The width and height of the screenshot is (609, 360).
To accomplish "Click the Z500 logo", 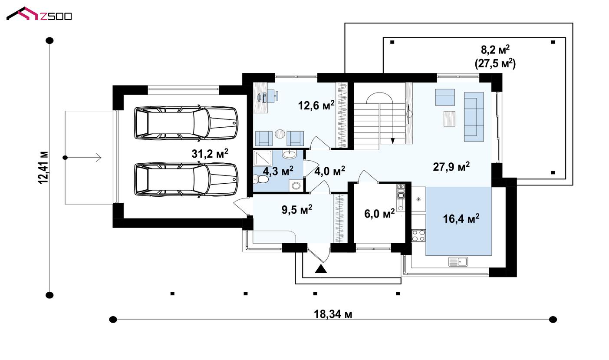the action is click(x=39, y=14).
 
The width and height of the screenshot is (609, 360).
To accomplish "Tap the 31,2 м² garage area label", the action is click(x=210, y=154).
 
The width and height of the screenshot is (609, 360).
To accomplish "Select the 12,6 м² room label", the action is click(x=316, y=105).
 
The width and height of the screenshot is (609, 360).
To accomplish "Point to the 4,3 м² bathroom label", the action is click(x=278, y=171).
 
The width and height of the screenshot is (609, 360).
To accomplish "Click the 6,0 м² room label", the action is click(x=379, y=214).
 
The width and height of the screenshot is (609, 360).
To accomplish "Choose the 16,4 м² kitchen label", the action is click(x=461, y=218).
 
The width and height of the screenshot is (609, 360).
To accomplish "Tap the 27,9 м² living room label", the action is click(x=451, y=167).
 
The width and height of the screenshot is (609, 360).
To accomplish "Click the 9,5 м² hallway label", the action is click(x=297, y=210).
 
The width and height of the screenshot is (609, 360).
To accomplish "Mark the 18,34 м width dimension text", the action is click(x=333, y=314).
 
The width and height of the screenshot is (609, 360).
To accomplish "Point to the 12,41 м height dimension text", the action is click(x=43, y=168).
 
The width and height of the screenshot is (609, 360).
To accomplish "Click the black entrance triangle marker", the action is click(x=321, y=268).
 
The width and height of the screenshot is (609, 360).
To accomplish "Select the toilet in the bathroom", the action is click(x=260, y=179).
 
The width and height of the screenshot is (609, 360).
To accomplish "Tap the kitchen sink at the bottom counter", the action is click(x=458, y=261).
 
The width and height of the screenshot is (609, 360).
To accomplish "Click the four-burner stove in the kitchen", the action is click(x=418, y=235).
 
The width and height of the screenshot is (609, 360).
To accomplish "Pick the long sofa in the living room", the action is click(x=474, y=117).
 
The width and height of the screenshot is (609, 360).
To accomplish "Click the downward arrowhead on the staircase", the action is click(x=392, y=141).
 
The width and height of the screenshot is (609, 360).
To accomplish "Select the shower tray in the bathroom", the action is click(x=263, y=158).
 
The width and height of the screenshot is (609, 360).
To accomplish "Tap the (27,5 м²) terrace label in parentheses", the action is click(x=495, y=64).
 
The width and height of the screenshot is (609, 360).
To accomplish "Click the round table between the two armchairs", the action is click(x=280, y=134).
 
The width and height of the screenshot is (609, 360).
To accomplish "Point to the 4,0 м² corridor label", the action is click(x=329, y=171).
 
